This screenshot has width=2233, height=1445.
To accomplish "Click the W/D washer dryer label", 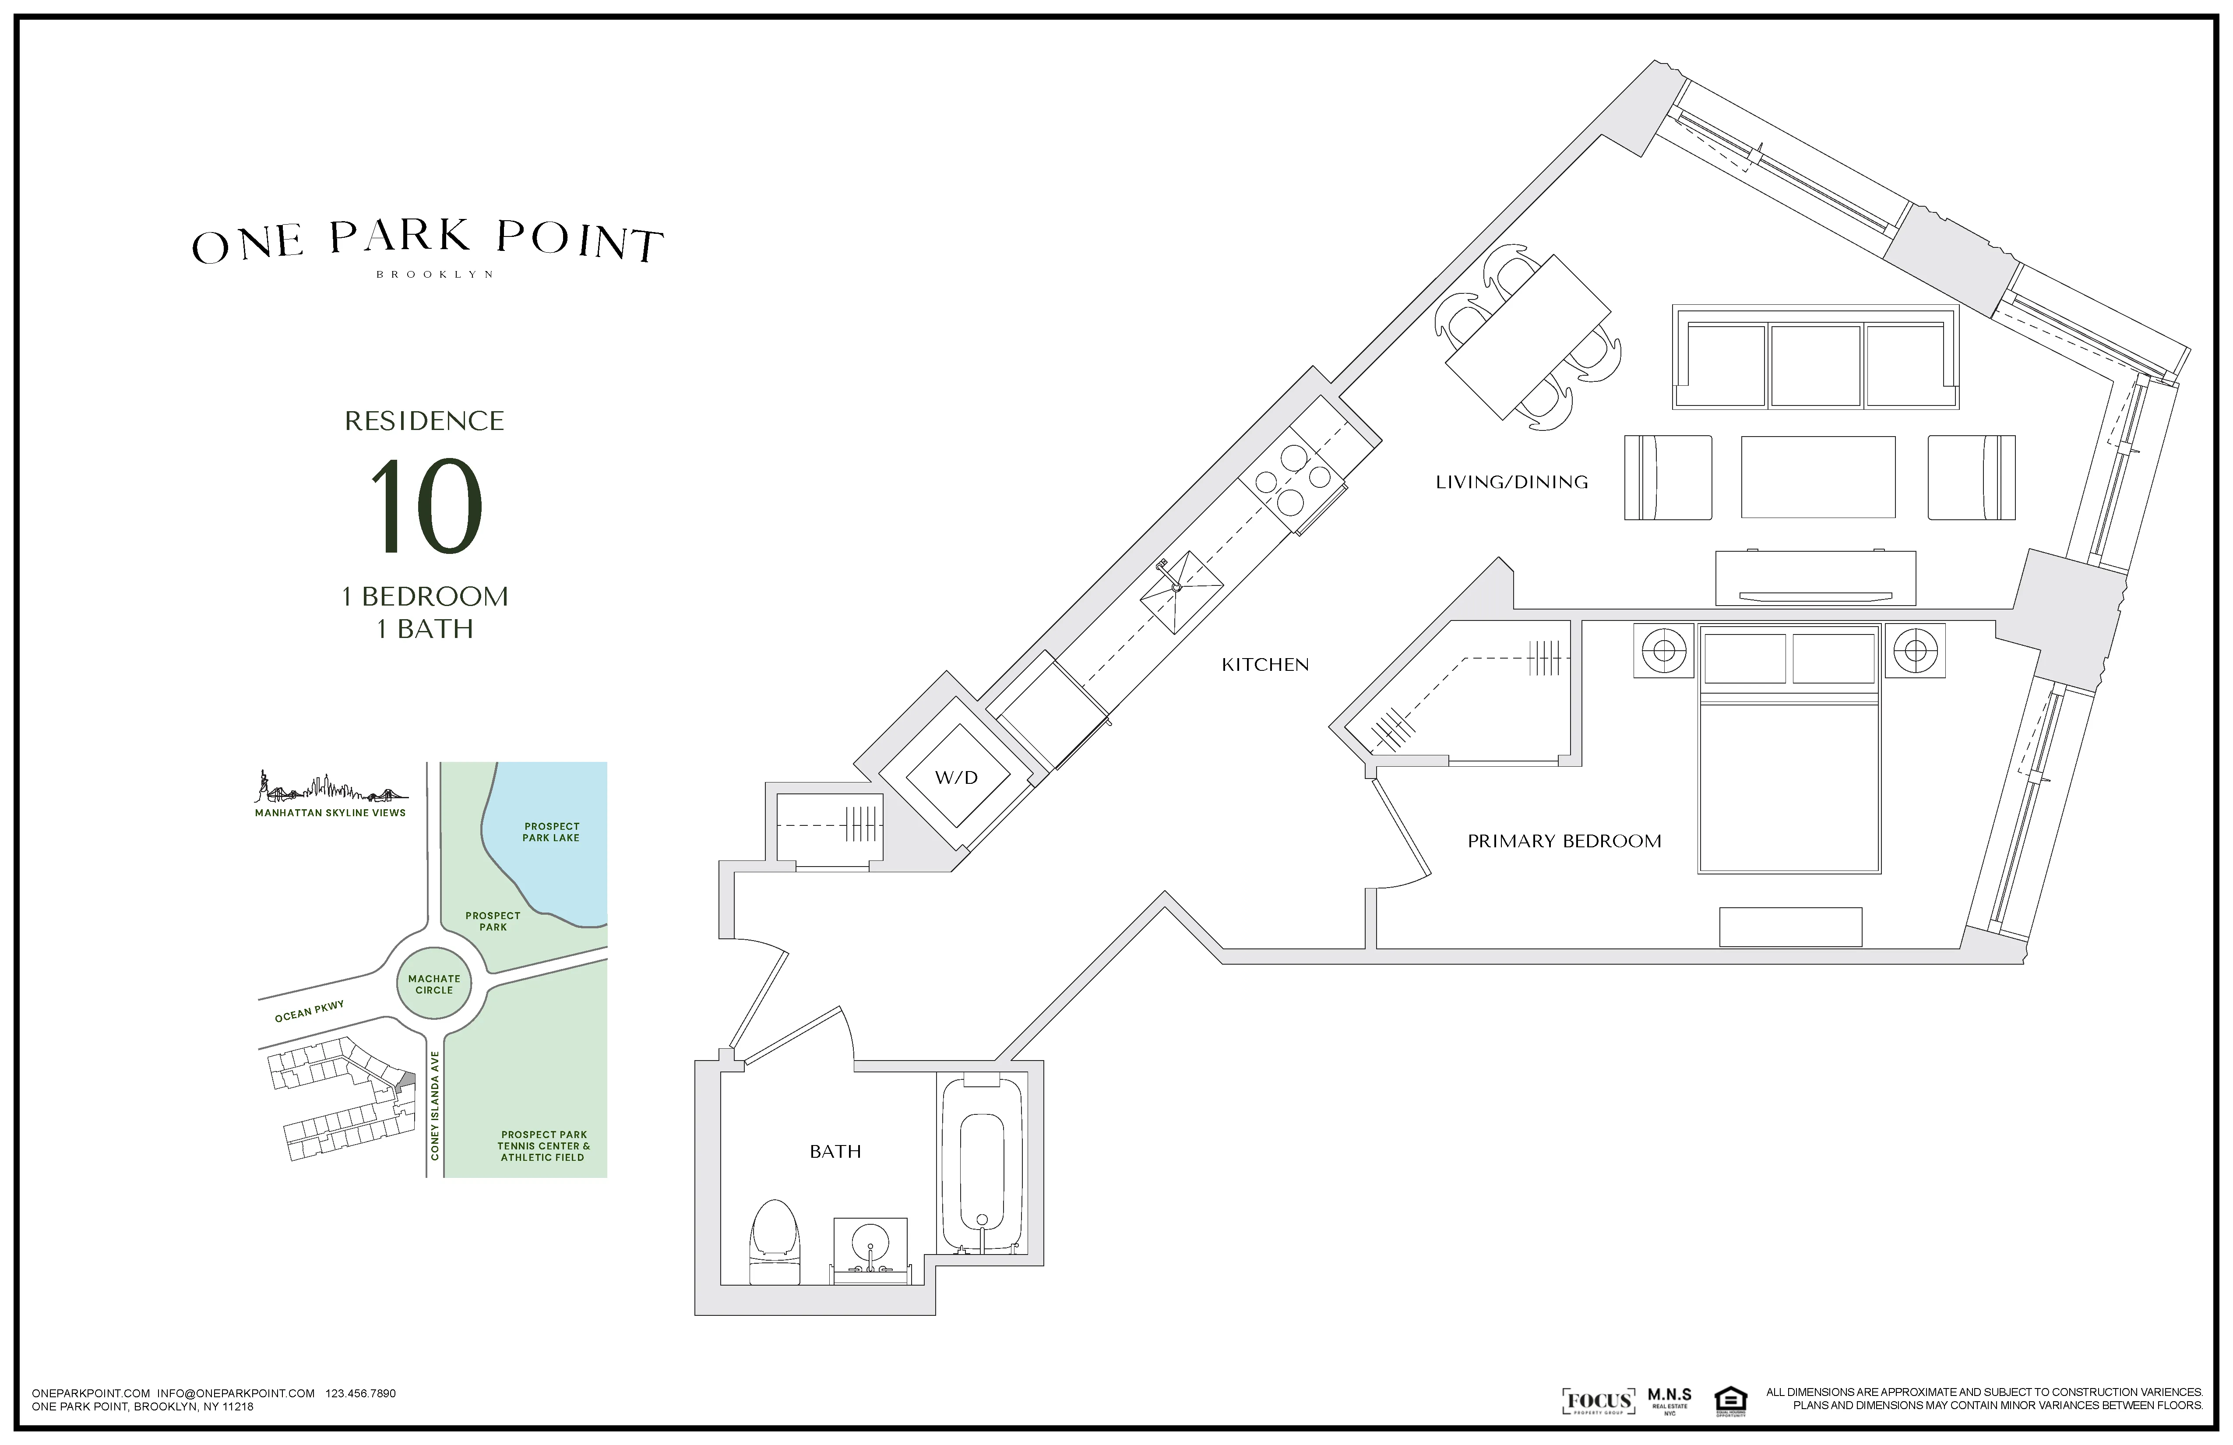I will (956, 777).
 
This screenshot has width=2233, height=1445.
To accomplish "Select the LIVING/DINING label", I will (1511, 482).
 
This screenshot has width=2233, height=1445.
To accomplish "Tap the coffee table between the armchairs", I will (1817, 477).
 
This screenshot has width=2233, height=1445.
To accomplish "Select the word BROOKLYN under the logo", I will (434, 275).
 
